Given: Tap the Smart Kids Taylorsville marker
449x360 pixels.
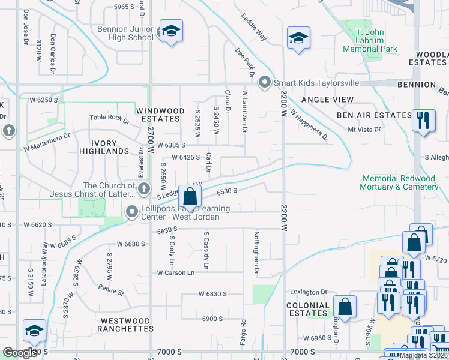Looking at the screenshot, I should [x=264, y=83].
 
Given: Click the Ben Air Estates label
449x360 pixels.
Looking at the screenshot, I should [x=373, y=115].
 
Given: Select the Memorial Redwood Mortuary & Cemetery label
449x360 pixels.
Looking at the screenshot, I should [x=399, y=183].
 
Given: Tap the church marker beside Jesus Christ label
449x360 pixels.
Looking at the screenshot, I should [x=143, y=190].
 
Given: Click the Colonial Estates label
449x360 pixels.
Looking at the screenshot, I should [x=309, y=309].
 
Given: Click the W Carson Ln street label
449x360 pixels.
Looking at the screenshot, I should [x=176, y=272].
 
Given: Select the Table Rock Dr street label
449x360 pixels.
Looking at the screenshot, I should [x=109, y=119].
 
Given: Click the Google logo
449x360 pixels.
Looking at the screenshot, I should [x=20, y=352].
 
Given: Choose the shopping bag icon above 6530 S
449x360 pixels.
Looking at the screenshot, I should [x=190, y=196].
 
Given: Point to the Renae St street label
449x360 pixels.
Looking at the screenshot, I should [x=112, y=291].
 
